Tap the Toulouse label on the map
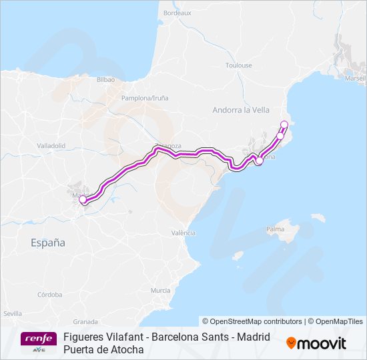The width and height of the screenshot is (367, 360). click(x=239, y=65)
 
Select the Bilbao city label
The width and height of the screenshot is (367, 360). click(x=106, y=79)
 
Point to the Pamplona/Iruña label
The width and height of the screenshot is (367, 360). click(x=145, y=98)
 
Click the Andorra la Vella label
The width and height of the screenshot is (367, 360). click(x=240, y=110)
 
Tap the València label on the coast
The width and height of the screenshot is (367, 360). click(x=183, y=233)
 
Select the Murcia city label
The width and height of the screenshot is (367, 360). click(x=160, y=291)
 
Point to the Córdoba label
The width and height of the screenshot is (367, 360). click(x=50, y=294)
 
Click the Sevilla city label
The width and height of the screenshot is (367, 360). click(x=12, y=313)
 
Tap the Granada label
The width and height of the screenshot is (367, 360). click(x=85, y=321)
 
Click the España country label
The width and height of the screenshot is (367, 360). click(x=48, y=243)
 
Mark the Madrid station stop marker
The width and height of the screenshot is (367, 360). click(x=83, y=199)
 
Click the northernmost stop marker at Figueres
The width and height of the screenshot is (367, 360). click(x=284, y=124)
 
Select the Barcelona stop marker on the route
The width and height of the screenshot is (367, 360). click(x=260, y=160)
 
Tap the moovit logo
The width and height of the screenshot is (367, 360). click(x=316, y=343)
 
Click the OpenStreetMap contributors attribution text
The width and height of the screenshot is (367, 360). click(x=252, y=321)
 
